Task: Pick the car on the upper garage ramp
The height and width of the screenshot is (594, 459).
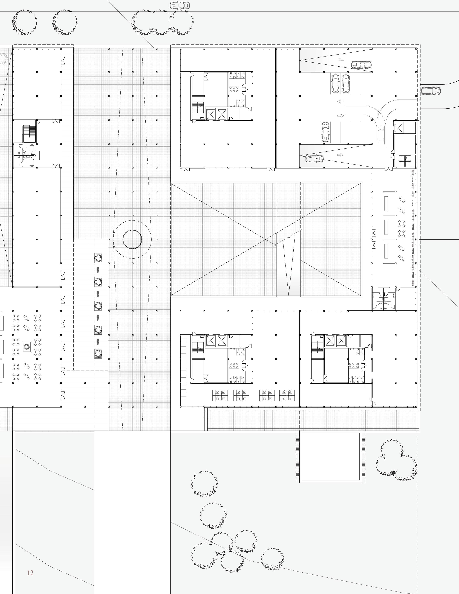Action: coord(361,65)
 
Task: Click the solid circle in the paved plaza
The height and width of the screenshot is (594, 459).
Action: coord(132,239)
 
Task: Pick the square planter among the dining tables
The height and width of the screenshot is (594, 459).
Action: coord(27,347)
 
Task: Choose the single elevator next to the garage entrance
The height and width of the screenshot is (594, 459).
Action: coord(405,128)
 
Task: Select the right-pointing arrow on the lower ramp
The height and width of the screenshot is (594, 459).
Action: coord(340,155)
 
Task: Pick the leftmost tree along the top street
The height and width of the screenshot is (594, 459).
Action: coord(25,22)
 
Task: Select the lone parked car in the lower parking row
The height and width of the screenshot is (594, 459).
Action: coord(325,132)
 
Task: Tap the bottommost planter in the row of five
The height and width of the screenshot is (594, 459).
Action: coord(98,353)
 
